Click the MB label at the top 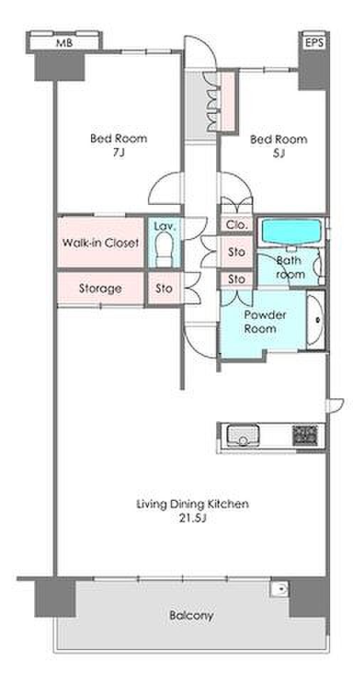coord(63,43)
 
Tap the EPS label coord(313,43)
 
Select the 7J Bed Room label coord(119,145)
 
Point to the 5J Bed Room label coord(278,146)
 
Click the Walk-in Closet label coord(101,243)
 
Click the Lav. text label coord(164,226)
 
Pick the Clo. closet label coord(237,226)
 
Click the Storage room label coord(100,288)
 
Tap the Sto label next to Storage coord(164,288)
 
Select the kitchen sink coord(243,435)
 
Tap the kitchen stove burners coord(305,435)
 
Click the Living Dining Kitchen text coord(193,504)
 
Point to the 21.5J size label coord(192,519)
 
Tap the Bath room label coord(290,268)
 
